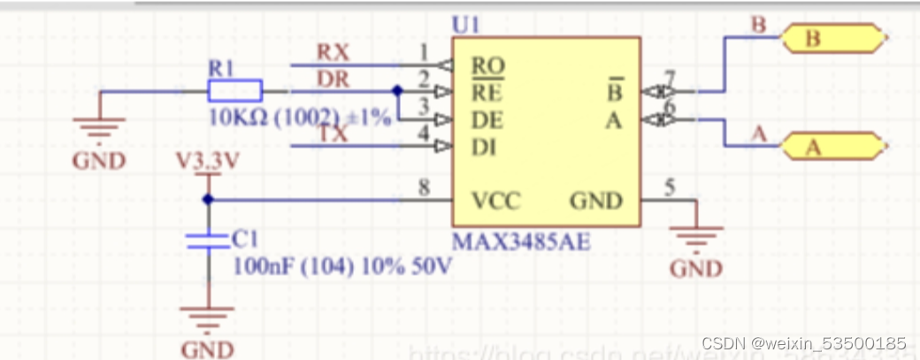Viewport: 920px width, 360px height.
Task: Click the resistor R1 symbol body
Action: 234,90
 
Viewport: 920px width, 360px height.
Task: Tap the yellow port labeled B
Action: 832,38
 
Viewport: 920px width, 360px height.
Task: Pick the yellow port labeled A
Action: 832,147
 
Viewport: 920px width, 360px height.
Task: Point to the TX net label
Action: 333,134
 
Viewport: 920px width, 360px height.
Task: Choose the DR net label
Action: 333,80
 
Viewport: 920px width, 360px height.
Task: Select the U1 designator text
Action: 466,26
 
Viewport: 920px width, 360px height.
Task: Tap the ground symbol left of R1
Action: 98,128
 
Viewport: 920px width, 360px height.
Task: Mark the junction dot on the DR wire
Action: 396,90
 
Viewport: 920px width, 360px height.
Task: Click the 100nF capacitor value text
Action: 341,265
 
